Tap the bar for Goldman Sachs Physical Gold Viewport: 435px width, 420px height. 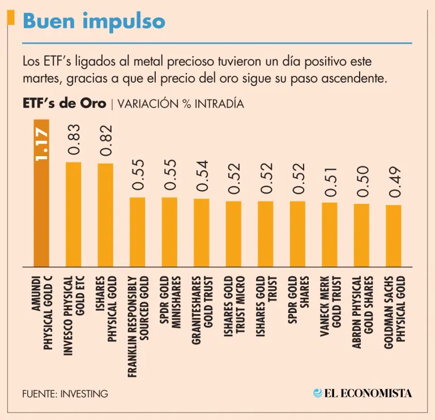click(x=394, y=235)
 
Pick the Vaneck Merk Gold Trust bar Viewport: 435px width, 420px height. click(x=330, y=234)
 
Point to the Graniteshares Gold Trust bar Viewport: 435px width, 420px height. click(x=202, y=232)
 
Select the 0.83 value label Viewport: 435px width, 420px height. click(x=74, y=140)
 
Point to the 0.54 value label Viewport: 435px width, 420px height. click(x=202, y=176)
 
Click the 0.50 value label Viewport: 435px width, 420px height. click(x=361, y=182)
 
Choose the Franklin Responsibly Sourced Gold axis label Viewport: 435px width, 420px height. click(x=138, y=325)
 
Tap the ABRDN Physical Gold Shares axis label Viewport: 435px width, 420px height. click(x=361, y=311)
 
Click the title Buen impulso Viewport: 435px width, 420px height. click(x=94, y=22)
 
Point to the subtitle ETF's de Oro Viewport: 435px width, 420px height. click(x=64, y=104)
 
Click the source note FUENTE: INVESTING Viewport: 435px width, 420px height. click(x=65, y=393)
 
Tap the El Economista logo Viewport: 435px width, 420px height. click(x=362, y=393)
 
